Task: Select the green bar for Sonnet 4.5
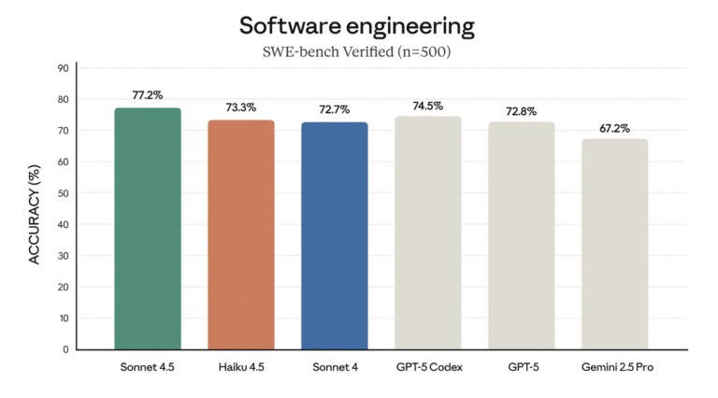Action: [148, 229]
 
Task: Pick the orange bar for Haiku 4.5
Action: [240, 235]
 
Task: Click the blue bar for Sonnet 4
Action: [334, 235]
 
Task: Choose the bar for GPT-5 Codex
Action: [427, 233]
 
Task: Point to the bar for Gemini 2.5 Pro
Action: [614, 244]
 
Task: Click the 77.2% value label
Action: [148, 95]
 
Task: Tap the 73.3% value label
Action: [240, 107]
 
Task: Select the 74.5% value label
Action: [427, 105]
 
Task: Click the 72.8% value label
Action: [521, 110]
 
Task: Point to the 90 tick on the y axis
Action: [62, 68]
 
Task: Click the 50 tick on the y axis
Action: [62, 193]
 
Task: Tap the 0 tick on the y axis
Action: [65, 349]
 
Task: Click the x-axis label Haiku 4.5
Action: [240, 367]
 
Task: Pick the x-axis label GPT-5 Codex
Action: [427, 367]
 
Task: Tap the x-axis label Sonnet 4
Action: [334, 367]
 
